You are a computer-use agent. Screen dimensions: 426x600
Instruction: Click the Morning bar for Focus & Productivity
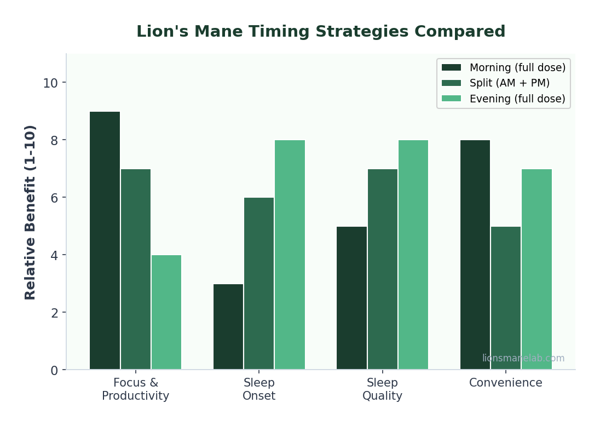pyautogui.click(x=105, y=240)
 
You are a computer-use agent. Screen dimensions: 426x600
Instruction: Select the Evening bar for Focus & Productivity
pyautogui.click(x=166, y=312)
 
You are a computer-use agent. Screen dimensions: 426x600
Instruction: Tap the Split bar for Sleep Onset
pyautogui.click(x=259, y=284)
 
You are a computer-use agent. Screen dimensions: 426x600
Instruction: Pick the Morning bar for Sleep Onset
pyautogui.click(x=228, y=326)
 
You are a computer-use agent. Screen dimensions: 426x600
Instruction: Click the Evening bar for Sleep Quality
pyautogui.click(x=413, y=255)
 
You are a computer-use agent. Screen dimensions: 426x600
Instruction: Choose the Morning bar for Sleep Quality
pyautogui.click(x=351, y=298)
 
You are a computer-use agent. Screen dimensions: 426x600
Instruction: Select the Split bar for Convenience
pyautogui.click(x=506, y=298)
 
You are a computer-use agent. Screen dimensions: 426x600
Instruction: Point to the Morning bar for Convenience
pyautogui.click(x=475, y=255)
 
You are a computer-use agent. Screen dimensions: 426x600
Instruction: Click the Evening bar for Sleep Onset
pyautogui.click(x=290, y=255)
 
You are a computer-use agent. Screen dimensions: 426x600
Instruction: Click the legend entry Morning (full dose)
pyautogui.click(x=517, y=67)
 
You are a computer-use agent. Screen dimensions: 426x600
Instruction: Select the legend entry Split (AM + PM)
pyautogui.click(x=509, y=83)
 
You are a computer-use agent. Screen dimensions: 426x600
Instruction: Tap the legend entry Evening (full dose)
pyautogui.click(x=517, y=99)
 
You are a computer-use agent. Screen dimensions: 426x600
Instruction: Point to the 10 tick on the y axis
pyautogui.click(x=50, y=83)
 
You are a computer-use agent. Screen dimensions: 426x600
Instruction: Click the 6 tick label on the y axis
pyautogui.click(x=54, y=198)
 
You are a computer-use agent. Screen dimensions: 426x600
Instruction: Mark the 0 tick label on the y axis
pyautogui.click(x=54, y=371)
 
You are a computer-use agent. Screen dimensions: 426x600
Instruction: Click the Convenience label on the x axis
pyautogui.click(x=505, y=383)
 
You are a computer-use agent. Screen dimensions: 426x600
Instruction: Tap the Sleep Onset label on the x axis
pyautogui.click(x=259, y=389)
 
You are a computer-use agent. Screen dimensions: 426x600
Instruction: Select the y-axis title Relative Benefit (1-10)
pyautogui.click(x=31, y=212)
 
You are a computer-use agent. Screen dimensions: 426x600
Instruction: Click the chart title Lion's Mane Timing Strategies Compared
pyautogui.click(x=321, y=32)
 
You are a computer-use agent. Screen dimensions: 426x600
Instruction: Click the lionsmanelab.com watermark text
pyautogui.click(x=523, y=358)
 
